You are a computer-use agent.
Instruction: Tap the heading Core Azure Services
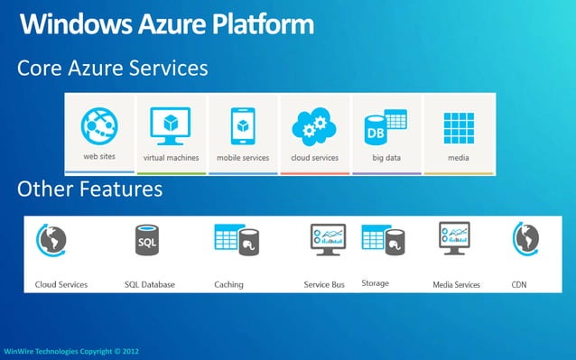tap(113, 68)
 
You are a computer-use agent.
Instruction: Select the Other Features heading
tap(89, 189)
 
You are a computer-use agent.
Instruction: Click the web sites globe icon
tap(101, 125)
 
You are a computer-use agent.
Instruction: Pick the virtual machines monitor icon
tap(171, 125)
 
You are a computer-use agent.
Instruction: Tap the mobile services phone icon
tap(242, 125)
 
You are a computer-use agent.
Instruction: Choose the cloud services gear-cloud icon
tap(313, 126)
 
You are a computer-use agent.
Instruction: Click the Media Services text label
tap(456, 285)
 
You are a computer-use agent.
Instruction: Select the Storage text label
tap(375, 283)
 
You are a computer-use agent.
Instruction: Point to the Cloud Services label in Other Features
tap(61, 285)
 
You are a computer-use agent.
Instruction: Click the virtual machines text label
tap(171, 157)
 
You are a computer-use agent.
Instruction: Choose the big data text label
tap(385, 157)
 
